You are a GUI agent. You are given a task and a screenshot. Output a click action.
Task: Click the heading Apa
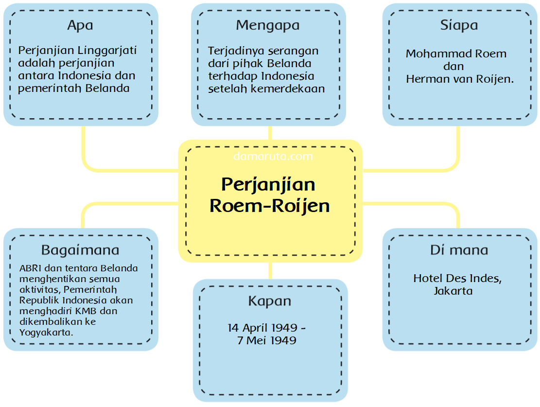point(80,25)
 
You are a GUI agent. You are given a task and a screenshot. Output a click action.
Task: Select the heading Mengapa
point(268,25)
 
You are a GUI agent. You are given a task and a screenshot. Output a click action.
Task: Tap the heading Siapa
point(459,25)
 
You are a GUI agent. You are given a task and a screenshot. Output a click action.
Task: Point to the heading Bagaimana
point(80,250)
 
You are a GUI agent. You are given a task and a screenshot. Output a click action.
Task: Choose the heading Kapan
point(270,301)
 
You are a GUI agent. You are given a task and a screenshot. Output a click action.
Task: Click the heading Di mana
point(459,250)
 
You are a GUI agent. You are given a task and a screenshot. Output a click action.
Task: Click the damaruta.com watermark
point(273,157)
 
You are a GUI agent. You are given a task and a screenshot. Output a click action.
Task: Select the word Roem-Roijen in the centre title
point(270,206)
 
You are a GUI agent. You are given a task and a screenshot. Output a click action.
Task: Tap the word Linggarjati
point(107,51)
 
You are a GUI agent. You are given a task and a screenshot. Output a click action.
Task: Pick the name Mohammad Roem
point(456,54)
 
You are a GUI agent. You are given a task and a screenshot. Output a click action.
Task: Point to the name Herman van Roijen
point(460,79)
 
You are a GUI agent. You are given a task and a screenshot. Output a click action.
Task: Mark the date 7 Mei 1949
point(267,340)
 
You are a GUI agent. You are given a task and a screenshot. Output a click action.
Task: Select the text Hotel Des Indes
point(457,279)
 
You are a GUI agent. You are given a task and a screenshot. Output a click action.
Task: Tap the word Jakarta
point(453,291)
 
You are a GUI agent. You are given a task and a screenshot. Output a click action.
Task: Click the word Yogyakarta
point(46,333)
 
